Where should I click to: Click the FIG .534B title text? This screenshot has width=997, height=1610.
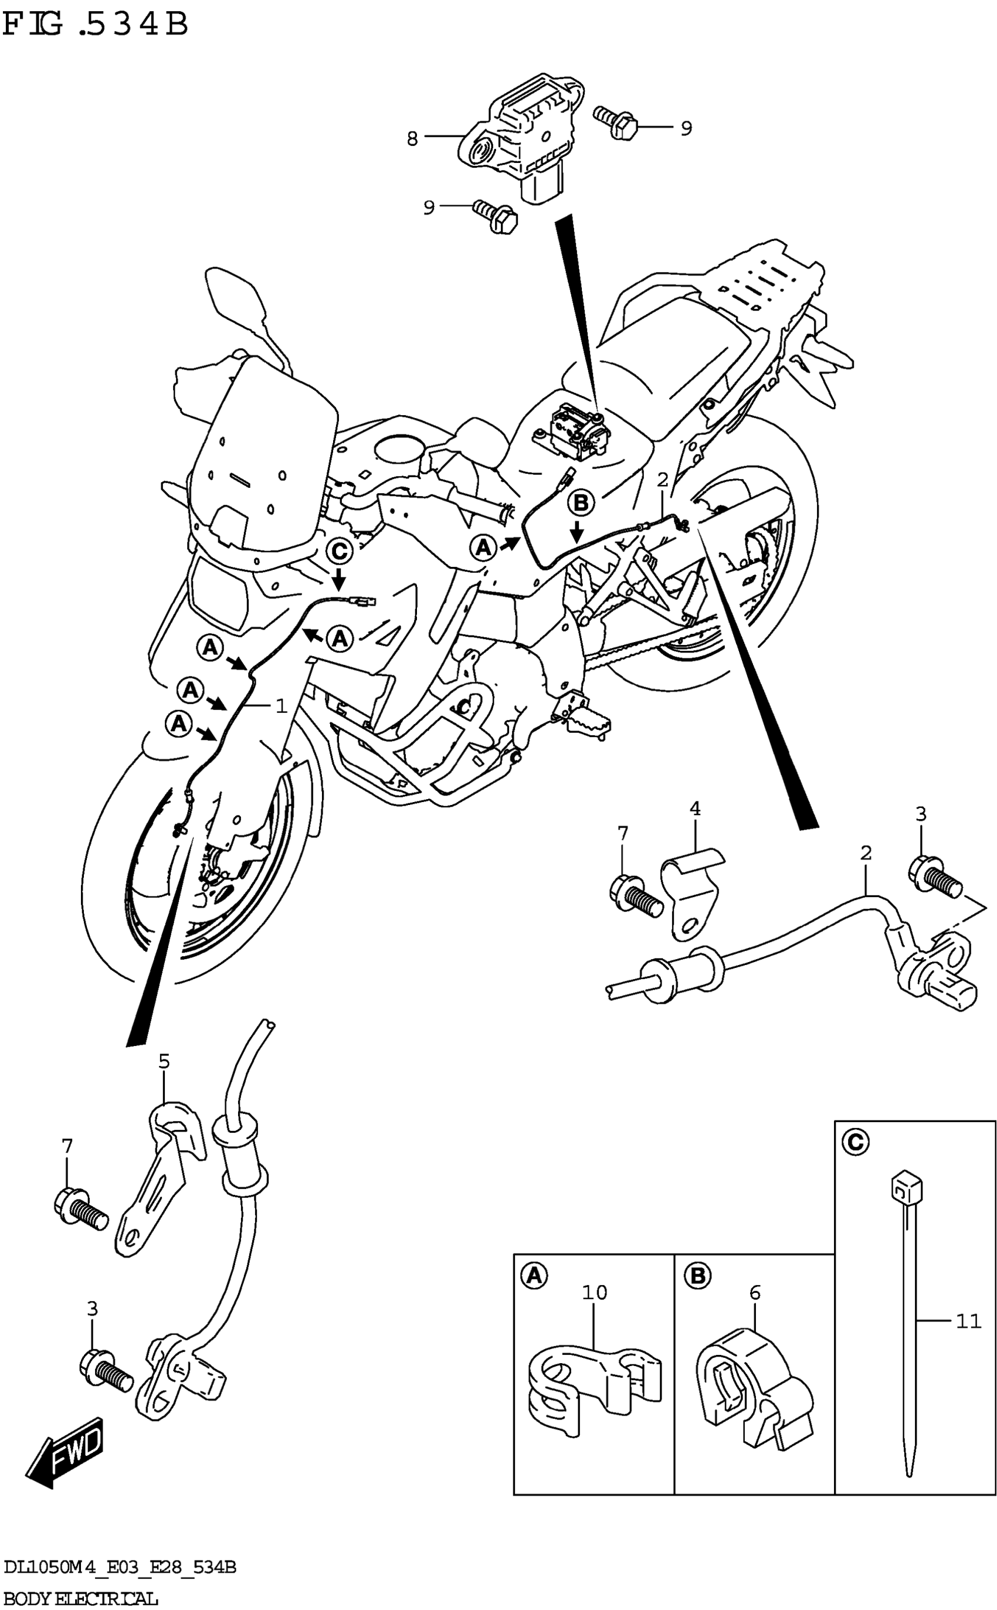pyautogui.click(x=96, y=25)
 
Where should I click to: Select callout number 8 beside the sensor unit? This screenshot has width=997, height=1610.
pyautogui.click(x=412, y=138)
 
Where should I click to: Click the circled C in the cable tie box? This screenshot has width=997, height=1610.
pyautogui.click(x=855, y=1142)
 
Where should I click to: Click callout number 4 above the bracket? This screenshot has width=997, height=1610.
pyautogui.click(x=695, y=809)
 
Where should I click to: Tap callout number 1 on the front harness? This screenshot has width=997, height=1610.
pyautogui.click(x=282, y=706)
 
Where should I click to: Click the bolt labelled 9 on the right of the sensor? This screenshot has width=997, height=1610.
pyautogui.click(x=615, y=122)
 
